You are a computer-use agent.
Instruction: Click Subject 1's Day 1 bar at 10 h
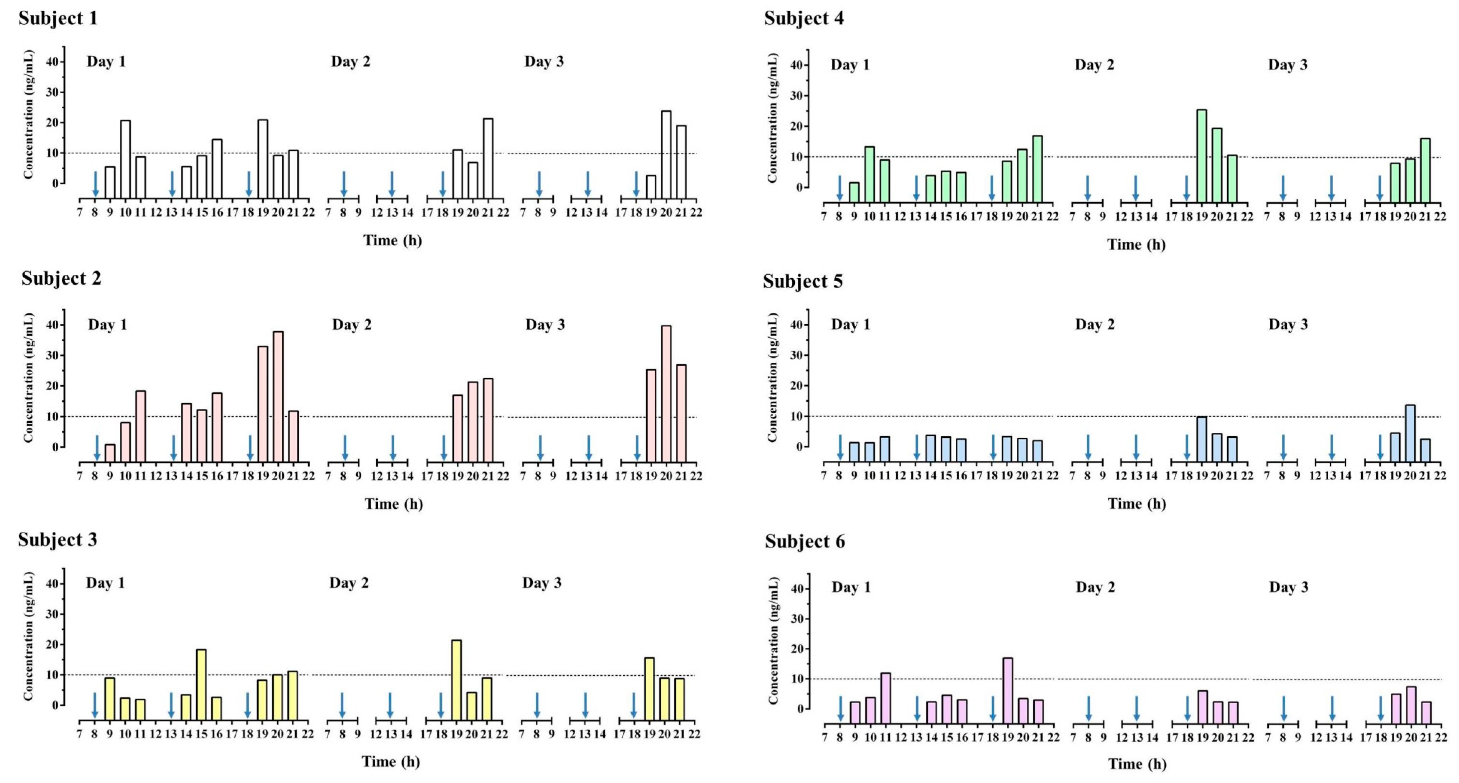point(125,159)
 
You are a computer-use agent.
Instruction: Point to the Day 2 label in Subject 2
point(352,325)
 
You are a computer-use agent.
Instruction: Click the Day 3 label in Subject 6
point(1289,587)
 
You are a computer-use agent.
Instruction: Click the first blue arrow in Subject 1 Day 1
point(96,184)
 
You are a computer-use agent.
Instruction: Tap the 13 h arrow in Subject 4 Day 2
point(1136,188)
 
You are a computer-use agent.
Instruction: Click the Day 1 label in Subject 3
point(105,583)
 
